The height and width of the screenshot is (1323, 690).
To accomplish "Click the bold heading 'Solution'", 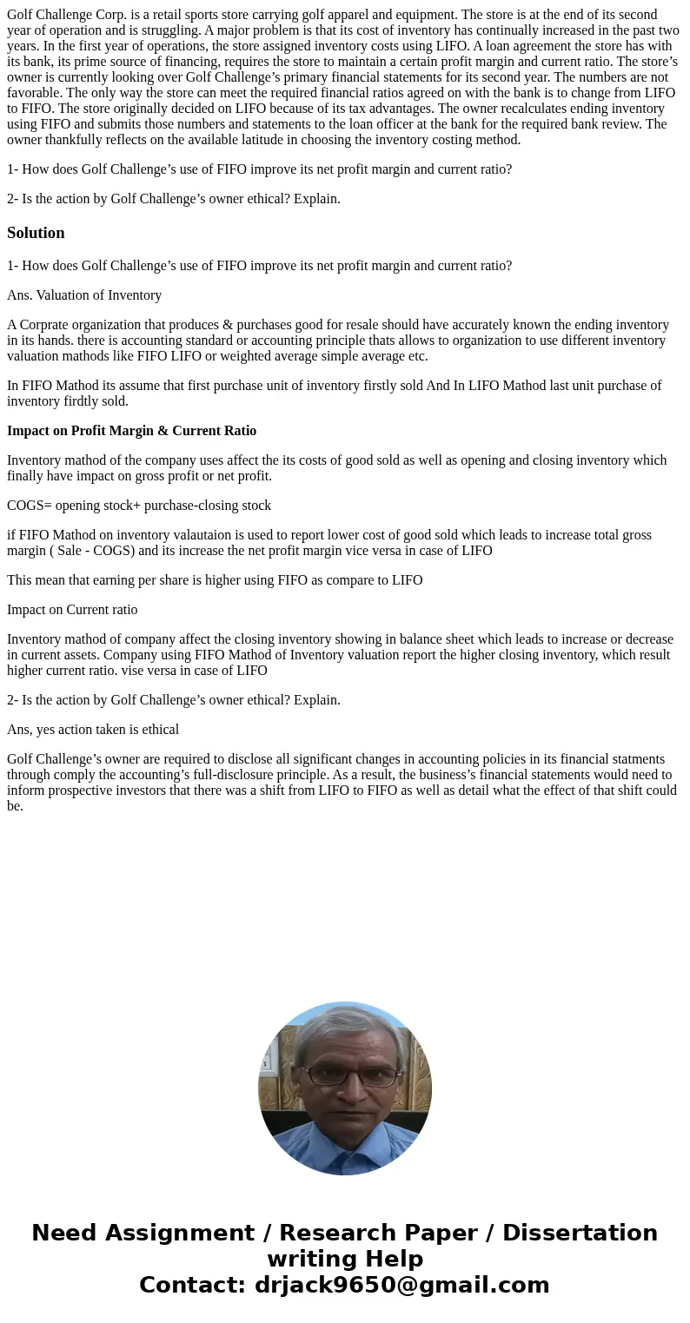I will [36, 233].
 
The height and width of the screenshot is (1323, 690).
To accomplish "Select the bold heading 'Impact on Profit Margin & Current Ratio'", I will [131, 431].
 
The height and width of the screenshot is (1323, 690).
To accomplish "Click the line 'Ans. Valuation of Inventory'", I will [84, 295].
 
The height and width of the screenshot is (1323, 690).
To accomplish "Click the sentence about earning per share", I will [215, 580].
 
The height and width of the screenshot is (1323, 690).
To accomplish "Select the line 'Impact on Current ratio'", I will [72, 610].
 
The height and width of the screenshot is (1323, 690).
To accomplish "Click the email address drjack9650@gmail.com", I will [401, 1286].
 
